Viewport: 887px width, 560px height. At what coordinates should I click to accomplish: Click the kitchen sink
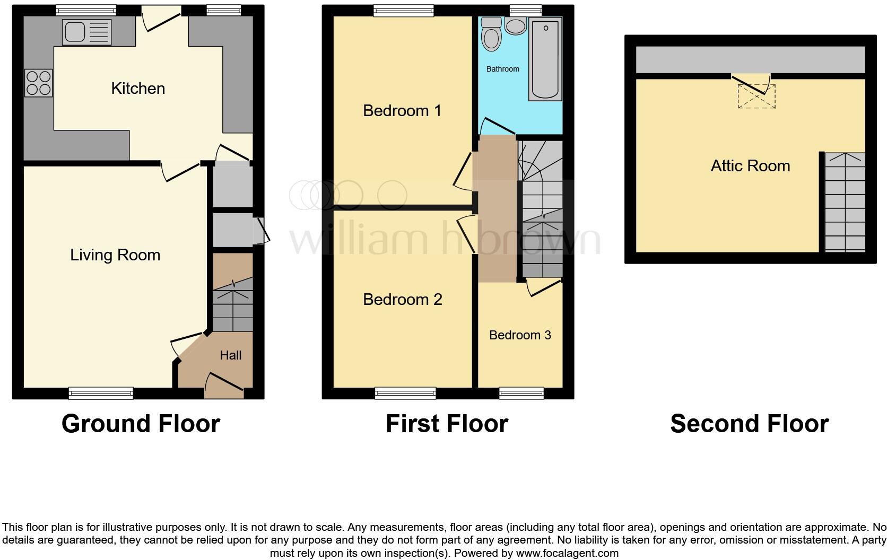pos(87,32)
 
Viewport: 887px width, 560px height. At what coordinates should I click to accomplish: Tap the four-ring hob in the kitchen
pos(39,83)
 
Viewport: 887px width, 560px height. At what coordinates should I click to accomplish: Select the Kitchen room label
pos(138,89)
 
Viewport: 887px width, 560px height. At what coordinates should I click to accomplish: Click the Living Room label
pos(115,255)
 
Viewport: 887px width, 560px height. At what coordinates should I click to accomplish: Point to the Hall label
pos(231,355)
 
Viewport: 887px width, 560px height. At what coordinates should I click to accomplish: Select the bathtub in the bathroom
pos(545,59)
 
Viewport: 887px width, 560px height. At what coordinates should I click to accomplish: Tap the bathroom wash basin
pos(515,26)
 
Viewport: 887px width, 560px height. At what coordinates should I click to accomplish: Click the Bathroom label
pos(502,69)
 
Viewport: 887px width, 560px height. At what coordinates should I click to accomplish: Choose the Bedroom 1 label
pos(402,111)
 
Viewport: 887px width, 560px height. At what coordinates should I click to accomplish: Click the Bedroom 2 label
pos(402,300)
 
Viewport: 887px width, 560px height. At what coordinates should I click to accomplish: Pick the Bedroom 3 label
pos(520,335)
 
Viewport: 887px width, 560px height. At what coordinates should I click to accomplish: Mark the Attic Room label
pos(750,166)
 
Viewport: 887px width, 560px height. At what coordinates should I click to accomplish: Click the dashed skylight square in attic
pos(756,97)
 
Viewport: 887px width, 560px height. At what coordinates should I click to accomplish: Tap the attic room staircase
pos(845,202)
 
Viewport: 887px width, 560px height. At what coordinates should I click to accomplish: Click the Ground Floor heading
pos(141,424)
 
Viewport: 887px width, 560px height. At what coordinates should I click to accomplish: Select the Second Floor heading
pos(749,424)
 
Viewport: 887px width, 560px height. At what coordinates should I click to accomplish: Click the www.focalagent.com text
pos(567,553)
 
